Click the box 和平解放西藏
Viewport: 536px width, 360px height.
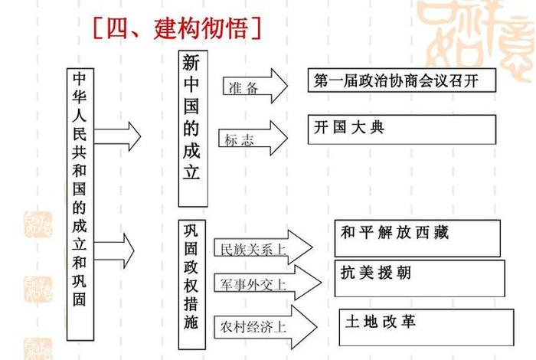[x=417, y=237]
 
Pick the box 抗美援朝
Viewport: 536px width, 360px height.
[x=421, y=277]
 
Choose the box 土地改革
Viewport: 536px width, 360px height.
[x=423, y=326]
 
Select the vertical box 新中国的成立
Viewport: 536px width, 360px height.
[x=193, y=129]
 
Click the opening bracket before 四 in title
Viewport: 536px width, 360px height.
[x=98, y=28]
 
